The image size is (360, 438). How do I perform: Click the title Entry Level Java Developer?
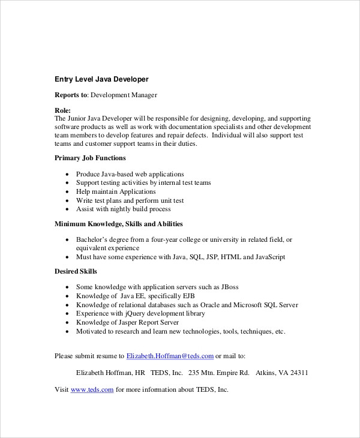coord(101,79)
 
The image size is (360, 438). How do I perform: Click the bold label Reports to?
coord(71,95)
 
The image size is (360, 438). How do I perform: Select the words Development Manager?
coord(124,95)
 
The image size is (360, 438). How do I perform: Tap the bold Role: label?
coord(62,110)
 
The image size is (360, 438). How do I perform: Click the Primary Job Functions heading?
coord(90,158)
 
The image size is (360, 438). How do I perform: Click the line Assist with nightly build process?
coord(123,209)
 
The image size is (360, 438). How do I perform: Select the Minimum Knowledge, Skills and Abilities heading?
coord(119,224)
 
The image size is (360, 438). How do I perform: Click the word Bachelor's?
coord(93,240)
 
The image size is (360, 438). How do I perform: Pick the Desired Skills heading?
coord(76,272)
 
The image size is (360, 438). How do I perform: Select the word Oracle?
coord(211,305)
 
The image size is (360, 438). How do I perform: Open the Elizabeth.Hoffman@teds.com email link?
coord(170,356)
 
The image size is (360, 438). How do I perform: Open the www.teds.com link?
coord(92,389)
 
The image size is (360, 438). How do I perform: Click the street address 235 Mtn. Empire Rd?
coord(218,373)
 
